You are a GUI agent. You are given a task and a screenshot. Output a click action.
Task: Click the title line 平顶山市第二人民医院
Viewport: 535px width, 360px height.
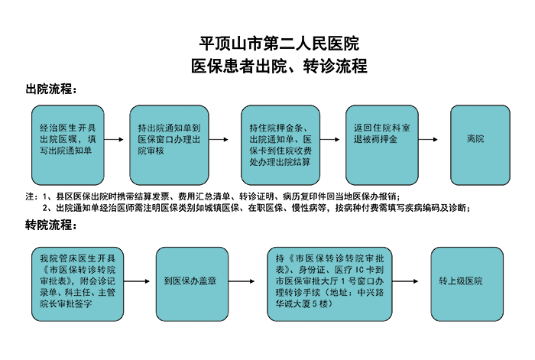click(x=279, y=44)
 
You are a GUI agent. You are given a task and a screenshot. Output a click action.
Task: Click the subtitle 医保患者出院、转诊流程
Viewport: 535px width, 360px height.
click(x=279, y=66)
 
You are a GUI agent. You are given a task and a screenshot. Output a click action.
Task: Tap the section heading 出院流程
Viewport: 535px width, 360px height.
click(x=51, y=89)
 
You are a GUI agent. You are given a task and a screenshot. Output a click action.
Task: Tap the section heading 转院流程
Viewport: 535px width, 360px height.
click(x=51, y=225)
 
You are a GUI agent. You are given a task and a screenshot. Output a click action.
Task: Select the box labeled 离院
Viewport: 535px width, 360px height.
click(x=480, y=145)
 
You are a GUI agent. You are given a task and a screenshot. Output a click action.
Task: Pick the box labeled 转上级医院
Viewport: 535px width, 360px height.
click(x=467, y=284)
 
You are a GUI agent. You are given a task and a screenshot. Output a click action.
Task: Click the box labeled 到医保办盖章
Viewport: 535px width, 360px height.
click(x=192, y=284)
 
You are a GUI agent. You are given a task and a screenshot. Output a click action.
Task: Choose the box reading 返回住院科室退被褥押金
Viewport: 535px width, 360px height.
click(x=382, y=145)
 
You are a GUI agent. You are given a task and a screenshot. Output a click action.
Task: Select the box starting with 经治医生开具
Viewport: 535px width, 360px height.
click(x=67, y=145)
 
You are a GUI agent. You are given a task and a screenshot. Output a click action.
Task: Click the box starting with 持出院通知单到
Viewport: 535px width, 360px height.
click(x=169, y=145)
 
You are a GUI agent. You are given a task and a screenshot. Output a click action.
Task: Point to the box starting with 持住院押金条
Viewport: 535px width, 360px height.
click(x=280, y=145)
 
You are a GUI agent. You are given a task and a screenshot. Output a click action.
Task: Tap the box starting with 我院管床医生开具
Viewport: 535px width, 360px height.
click(x=77, y=284)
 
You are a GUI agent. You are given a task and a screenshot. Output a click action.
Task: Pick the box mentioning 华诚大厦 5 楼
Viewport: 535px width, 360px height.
click(x=329, y=284)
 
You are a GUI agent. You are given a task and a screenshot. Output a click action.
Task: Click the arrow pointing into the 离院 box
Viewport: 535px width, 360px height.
click(x=428, y=139)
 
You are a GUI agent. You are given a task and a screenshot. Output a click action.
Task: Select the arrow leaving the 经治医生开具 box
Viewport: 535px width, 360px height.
click(x=114, y=139)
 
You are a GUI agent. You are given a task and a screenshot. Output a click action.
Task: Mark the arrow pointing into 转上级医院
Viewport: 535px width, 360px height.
click(x=405, y=281)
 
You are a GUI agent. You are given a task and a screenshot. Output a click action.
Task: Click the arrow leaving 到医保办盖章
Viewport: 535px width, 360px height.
click(x=242, y=281)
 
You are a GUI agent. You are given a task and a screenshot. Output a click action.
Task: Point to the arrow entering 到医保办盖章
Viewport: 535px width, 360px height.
click(x=137, y=281)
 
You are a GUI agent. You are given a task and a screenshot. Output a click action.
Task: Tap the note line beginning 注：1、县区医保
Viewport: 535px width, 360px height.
click(x=212, y=196)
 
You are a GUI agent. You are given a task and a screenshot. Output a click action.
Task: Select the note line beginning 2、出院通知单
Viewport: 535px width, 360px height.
click(x=256, y=207)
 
